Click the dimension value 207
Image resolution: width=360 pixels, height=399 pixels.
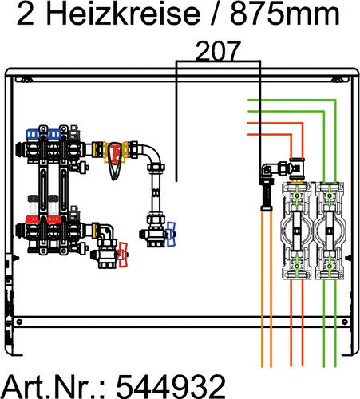tap(218, 50)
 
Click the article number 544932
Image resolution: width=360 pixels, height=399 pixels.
tap(171, 386)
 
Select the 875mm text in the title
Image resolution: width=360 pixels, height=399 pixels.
tap(285, 14)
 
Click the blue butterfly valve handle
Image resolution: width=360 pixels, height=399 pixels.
tap(171, 235)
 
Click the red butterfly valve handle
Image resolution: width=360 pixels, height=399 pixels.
tap(123, 255)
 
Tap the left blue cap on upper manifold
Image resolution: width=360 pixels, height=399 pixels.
tap(33, 134)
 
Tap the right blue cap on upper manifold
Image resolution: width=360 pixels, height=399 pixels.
tap(54, 134)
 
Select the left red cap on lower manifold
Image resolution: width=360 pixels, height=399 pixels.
tap(33, 219)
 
